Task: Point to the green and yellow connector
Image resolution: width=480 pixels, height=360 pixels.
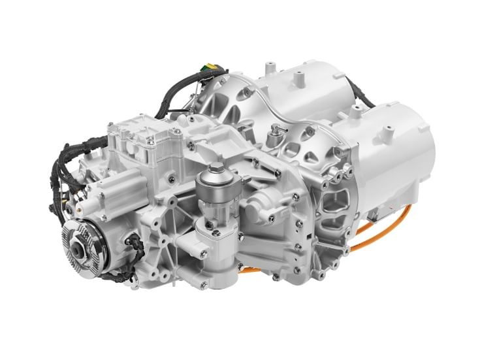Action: [210, 67]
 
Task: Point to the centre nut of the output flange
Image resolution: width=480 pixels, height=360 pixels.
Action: [79, 247]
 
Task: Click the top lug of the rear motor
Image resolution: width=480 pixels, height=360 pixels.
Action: [299, 78]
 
